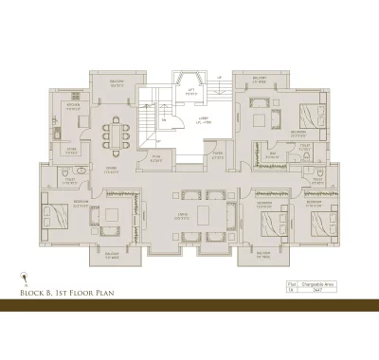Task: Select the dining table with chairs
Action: click(117, 136)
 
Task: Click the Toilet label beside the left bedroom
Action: click(68, 181)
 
